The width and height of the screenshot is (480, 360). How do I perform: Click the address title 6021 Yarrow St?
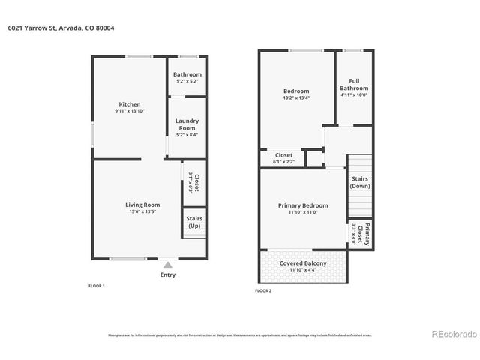tap(61, 28)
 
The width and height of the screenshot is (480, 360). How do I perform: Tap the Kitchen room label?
tap(130, 104)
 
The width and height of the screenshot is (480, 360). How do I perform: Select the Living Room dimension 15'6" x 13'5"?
tap(142, 211)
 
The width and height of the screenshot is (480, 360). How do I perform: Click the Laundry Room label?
tap(187, 124)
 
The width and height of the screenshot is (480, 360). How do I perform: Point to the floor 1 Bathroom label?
tap(187, 74)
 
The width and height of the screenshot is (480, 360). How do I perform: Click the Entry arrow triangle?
tap(168, 265)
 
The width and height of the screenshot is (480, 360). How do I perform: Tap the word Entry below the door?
tap(168, 274)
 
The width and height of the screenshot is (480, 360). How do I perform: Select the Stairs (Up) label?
tap(194, 222)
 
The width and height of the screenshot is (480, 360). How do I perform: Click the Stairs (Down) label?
tap(360, 182)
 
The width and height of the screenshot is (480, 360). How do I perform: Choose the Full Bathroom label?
tap(354, 84)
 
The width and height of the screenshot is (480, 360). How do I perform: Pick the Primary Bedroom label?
tap(303, 205)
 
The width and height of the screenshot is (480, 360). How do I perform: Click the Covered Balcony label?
tap(303, 263)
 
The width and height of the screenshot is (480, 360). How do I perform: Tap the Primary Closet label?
tap(363, 233)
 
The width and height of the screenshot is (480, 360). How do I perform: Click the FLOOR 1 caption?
tap(97, 286)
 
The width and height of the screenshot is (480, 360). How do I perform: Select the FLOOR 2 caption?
tap(263, 290)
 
